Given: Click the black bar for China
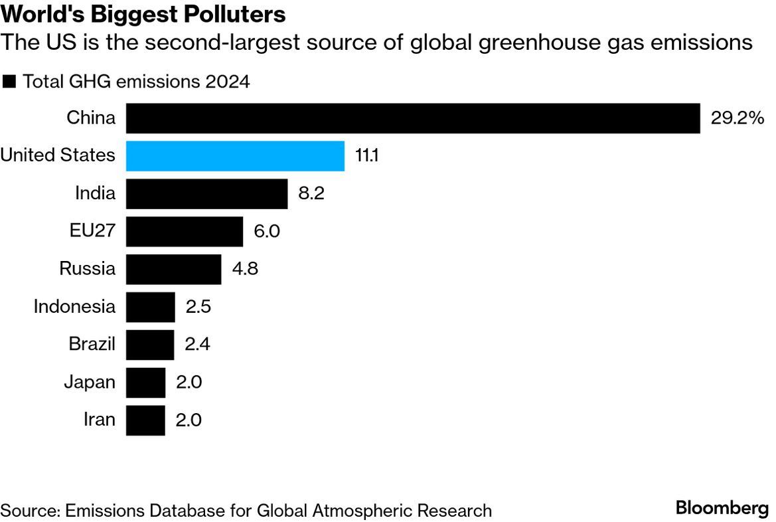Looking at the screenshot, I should [412, 118].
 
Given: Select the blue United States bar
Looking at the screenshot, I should [235, 156].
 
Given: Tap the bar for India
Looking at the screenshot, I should [206, 194].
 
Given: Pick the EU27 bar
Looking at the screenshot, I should [184, 232].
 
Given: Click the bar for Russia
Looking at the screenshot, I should [173, 269].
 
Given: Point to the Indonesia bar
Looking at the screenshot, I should [150, 307].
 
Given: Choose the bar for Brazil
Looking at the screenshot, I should [149, 345].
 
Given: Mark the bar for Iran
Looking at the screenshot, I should [145, 420].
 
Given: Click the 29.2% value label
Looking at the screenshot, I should [737, 118].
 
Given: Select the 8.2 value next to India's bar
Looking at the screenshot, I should [311, 194].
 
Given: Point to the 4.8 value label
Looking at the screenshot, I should [244, 269].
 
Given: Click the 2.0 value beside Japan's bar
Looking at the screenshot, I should [189, 383].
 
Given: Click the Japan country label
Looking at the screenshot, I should [90, 383].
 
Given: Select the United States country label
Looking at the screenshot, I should [58, 156].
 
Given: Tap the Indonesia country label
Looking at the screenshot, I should [74, 307].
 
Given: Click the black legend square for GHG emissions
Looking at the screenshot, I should [9, 82].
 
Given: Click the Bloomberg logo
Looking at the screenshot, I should [722, 509].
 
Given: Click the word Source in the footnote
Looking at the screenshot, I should [29, 510].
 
